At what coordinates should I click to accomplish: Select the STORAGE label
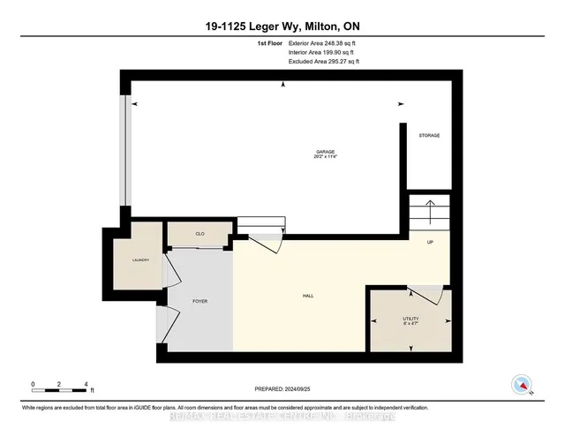pyautogui.click(x=429, y=135)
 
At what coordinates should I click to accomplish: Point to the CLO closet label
pyautogui.click(x=200, y=234)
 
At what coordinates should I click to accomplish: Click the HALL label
pyautogui.click(x=308, y=297)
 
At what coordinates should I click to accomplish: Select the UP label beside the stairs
pyautogui.click(x=430, y=242)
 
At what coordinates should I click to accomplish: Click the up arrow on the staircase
pyautogui.click(x=430, y=211)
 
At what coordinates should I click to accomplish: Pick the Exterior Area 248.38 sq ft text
pyautogui.click(x=324, y=42)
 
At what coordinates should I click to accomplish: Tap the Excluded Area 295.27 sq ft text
pyautogui.click(x=324, y=62)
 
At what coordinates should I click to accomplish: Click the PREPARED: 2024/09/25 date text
pyautogui.click(x=282, y=388)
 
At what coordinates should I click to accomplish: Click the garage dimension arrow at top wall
pyautogui.click(x=282, y=85)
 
